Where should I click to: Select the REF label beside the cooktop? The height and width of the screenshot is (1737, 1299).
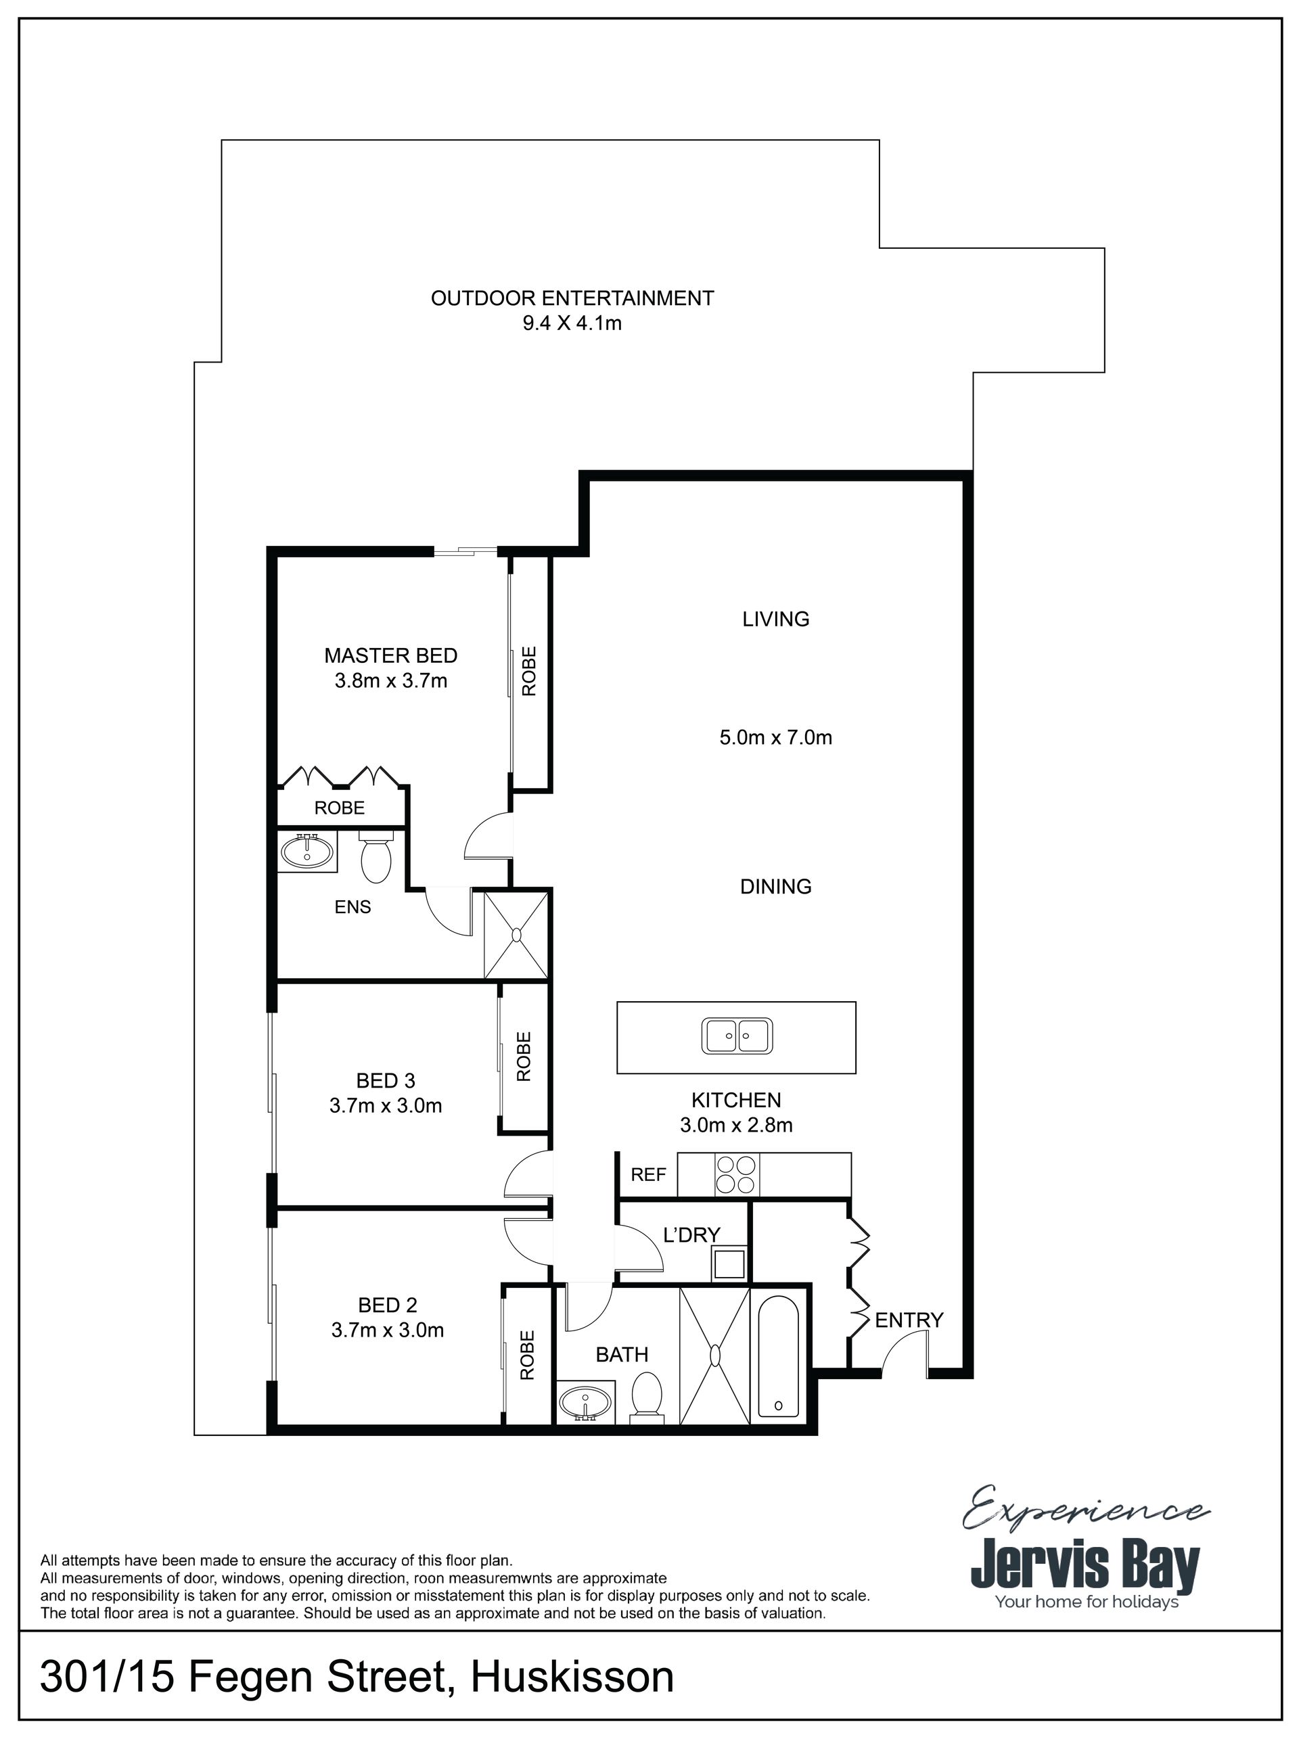point(649,1174)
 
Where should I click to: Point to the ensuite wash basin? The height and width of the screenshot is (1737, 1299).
point(307,850)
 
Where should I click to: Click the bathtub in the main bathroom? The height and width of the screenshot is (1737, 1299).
point(778,1355)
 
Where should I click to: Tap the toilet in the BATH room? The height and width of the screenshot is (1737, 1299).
point(647,1397)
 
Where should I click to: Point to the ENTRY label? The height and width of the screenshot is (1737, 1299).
point(909,1320)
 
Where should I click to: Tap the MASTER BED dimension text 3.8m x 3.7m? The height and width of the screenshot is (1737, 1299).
point(391,681)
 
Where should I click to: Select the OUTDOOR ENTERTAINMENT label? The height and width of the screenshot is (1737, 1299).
point(572,298)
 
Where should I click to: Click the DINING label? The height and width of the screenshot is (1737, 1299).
point(776,887)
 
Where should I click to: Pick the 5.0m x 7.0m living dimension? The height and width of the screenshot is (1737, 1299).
point(776,737)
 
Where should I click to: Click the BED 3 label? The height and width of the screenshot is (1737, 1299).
point(386,1080)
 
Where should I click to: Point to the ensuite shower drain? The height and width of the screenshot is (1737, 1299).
point(517,935)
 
